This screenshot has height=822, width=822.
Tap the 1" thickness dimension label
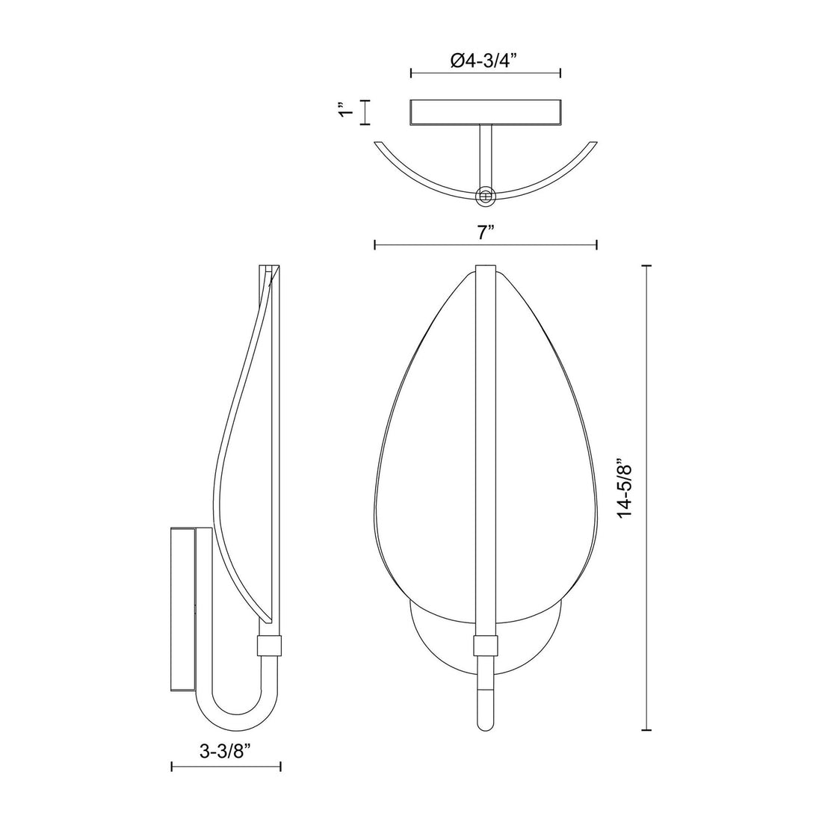344,111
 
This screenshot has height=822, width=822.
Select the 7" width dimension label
486,232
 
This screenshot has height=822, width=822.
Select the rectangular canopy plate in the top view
486,111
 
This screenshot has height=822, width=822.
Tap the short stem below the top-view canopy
486,153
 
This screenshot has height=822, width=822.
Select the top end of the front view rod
486,269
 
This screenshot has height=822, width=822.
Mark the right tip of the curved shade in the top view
593,143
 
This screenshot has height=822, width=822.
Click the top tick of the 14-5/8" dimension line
647,265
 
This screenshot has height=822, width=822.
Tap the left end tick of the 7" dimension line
374,244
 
